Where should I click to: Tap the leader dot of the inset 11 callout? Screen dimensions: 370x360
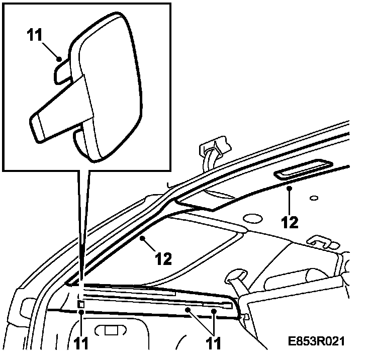click(59, 59)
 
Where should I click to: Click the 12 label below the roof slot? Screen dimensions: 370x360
click(290, 221)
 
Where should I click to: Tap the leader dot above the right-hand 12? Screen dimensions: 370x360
click(290, 188)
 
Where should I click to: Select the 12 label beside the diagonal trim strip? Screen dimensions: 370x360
click(163, 259)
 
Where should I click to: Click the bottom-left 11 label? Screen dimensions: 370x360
click(81, 343)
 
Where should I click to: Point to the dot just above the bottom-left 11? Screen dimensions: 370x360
click(81, 312)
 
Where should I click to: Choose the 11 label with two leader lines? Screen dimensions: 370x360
click(214, 343)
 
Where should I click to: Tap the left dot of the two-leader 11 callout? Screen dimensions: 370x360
click(188, 311)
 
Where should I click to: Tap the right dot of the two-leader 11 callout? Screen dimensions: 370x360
click(215, 312)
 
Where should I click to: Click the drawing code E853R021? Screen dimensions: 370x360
click(317, 341)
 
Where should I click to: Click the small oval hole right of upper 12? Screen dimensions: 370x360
click(314, 198)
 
